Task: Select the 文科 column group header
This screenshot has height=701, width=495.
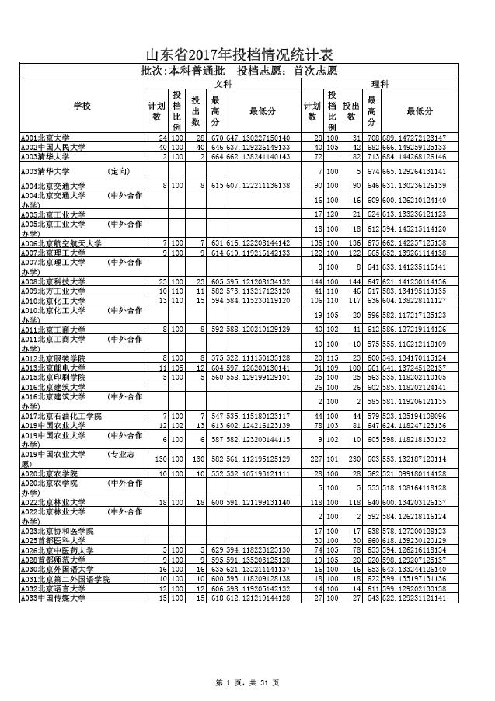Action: pyautogui.click(x=223, y=83)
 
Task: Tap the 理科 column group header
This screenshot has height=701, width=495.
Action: pyautogui.click(x=380, y=83)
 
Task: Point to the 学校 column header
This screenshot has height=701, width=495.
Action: pyautogui.click(x=82, y=106)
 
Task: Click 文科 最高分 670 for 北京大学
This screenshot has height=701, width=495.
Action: pyautogui.click(x=216, y=138)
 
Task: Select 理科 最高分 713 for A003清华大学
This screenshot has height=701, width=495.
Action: pyautogui.click(x=372, y=156)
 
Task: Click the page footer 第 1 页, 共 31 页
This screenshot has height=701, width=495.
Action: pyautogui.click(x=247, y=682)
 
